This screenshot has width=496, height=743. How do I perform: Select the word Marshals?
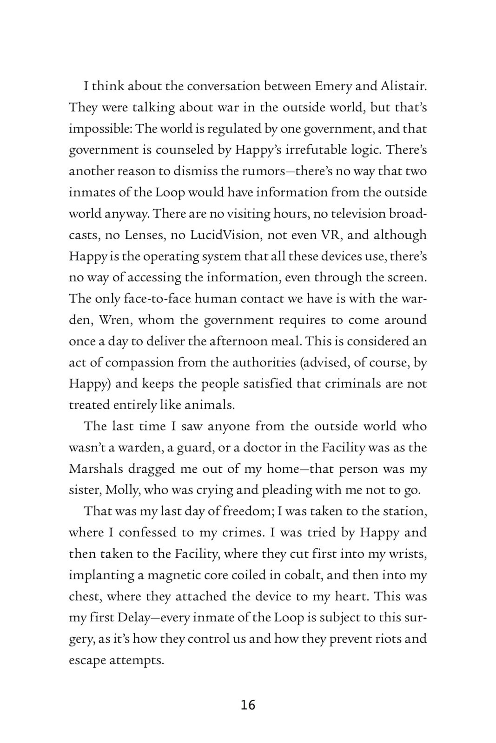point(96,469)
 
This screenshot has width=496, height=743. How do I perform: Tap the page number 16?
point(248,705)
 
